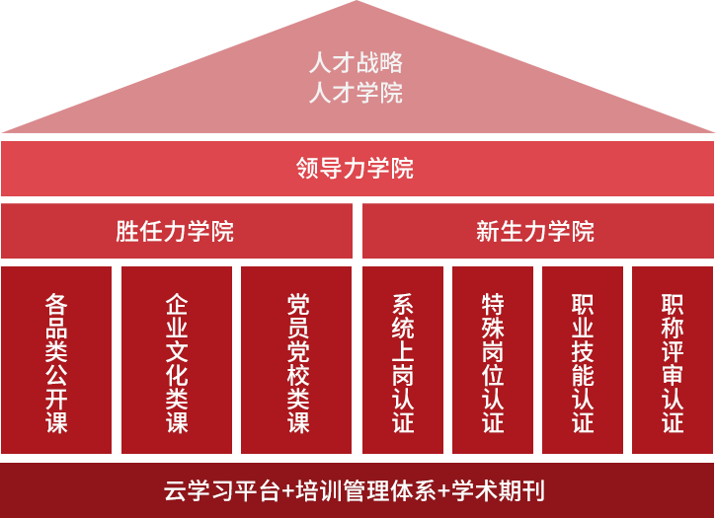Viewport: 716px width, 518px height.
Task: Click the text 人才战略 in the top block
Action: click(356, 63)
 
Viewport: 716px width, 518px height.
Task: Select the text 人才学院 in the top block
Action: click(356, 94)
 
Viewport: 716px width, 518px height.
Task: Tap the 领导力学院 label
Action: click(356, 169)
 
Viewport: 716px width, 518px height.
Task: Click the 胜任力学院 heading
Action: click(175, 232)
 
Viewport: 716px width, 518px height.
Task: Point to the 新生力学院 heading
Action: click(535, 232)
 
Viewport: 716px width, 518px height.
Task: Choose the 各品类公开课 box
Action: click(56, 361)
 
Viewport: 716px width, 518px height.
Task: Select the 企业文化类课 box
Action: click(177, 361)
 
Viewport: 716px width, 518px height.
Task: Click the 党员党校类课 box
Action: click(296, 361)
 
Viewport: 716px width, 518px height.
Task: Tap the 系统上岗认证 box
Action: click(402, 361)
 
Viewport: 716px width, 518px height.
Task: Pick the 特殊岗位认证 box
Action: click(493, 361)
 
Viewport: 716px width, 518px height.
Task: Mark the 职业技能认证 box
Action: click(583, 361)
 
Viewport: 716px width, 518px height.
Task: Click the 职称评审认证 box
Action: click(673, 361)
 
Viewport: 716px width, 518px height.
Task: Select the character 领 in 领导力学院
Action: click(308, 169)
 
